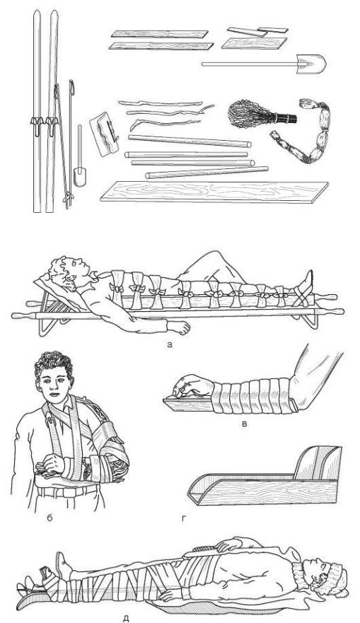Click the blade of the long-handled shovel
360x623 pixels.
pos(311,64)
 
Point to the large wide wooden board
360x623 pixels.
pos(214,192)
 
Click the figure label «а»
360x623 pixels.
pos(170,345)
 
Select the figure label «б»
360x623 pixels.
pos(50,518)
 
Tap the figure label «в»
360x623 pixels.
pos(245,424)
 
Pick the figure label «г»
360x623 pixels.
pos(184,518)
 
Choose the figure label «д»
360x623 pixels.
pos(126,618)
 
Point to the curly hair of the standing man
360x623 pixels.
pos(54,363)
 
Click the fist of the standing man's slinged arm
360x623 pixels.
pos(53,464)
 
